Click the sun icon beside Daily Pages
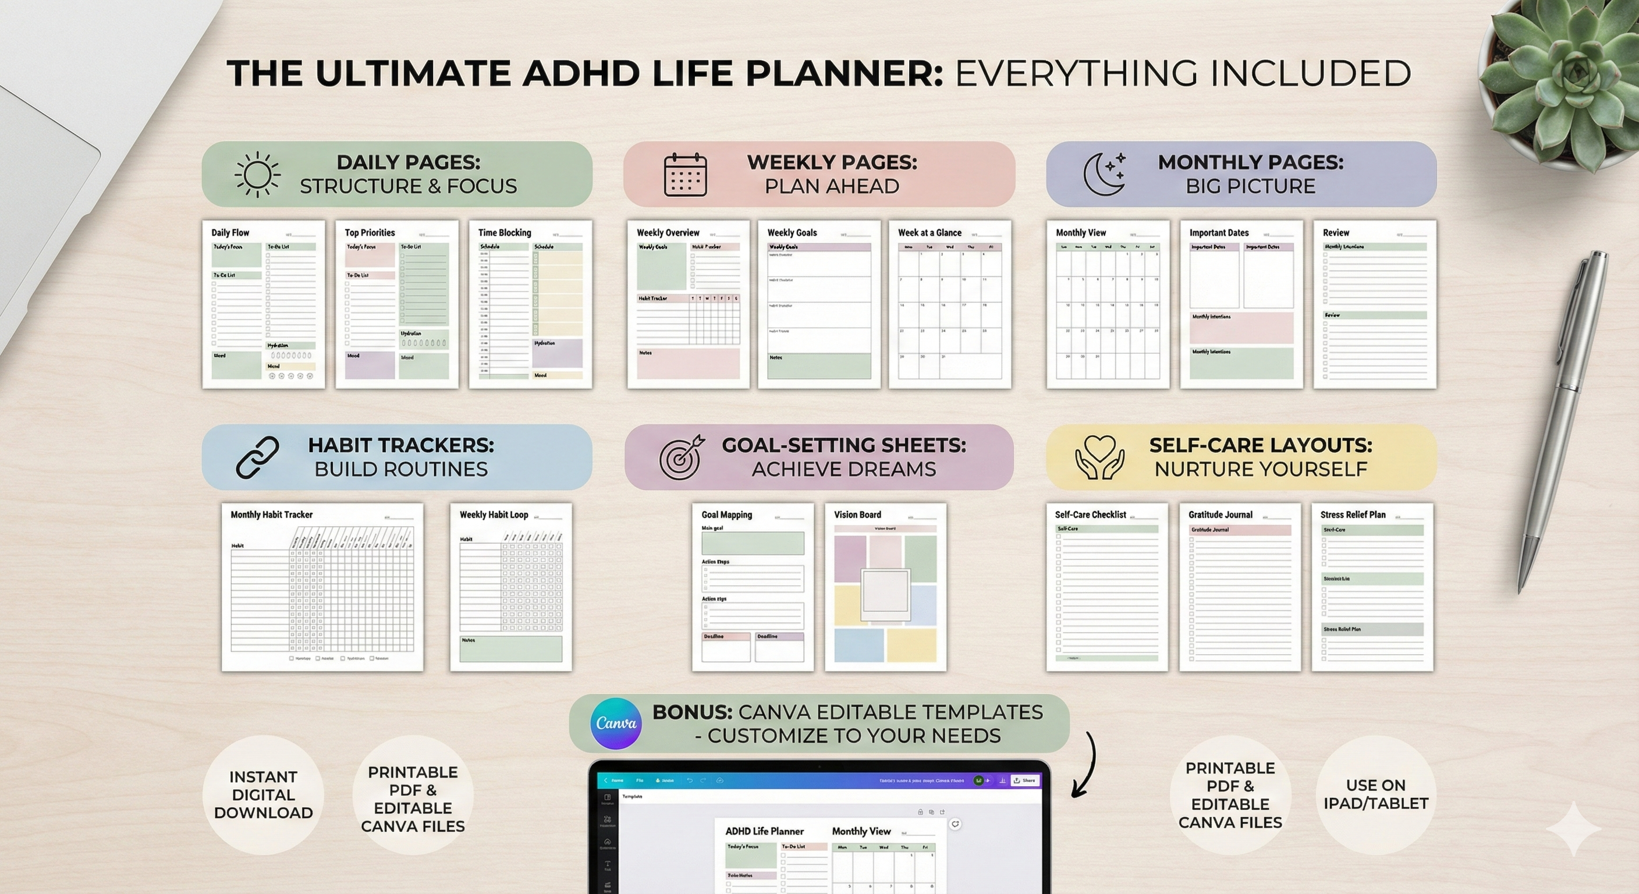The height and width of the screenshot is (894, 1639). point(257,175)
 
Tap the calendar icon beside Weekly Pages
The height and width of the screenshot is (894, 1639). point(685,175)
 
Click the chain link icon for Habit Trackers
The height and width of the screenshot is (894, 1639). point(257,457)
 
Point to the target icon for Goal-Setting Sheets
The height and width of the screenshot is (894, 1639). point(682,457)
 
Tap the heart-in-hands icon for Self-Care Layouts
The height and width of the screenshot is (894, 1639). point(1099,457)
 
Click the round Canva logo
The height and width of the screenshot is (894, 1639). point(615,723)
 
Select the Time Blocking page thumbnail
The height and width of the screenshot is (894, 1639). point(530,304)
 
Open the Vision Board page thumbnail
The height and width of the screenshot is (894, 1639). point(885,587)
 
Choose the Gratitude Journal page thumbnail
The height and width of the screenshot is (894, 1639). point(1239,587)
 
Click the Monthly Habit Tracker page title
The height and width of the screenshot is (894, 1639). point(272,515)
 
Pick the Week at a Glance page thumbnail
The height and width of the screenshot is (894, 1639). point(949,304)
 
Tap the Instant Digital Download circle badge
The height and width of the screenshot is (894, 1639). point(262,794)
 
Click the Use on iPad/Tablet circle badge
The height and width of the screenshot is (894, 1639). point(1375,794)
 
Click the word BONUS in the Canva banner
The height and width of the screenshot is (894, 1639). point(692,712)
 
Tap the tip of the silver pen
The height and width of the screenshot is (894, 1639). point(1520,588)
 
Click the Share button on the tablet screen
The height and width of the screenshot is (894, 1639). point(1025,780)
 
